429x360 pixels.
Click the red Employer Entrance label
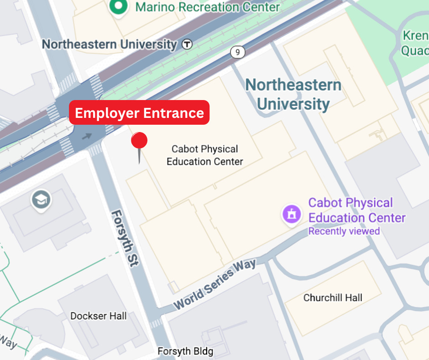pos(139,113)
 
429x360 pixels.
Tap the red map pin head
pos(139,141)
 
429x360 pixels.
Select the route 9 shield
pos(237,52)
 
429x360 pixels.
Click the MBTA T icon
pos(187,44)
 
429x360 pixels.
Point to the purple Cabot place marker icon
pos(292,214)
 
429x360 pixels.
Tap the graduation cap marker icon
pos(41,200)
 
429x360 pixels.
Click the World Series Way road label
pos(214,283)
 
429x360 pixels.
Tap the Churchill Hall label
pos(333,298)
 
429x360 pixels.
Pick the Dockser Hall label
pos(98,316)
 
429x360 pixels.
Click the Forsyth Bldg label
pos(185,352)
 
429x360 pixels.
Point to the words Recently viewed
pos(344,231)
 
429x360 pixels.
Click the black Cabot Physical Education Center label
pos(204,155)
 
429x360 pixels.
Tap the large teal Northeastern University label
pos(293,94)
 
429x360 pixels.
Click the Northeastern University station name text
pos(109,44)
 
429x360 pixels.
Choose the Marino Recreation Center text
pos(208,7)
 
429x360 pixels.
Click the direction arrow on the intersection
pos(87,135)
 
